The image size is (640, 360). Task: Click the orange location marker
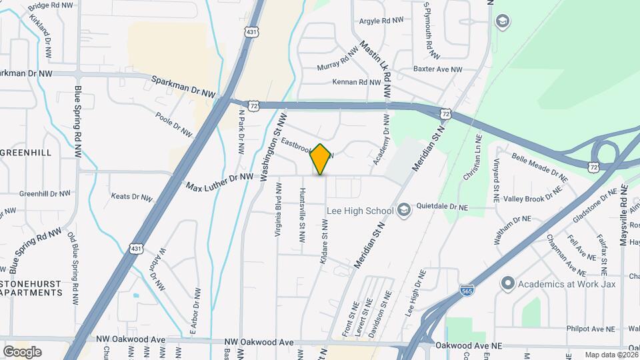[321, 159]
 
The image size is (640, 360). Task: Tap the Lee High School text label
[360, 211]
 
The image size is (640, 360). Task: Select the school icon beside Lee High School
[403, 211]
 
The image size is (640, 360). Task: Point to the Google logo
[22, 351]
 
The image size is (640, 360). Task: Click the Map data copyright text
[611, 355]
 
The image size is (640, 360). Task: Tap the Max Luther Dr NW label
[220, 181]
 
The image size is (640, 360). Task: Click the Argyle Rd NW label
[381, 21]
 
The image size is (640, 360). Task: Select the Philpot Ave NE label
[590, 329]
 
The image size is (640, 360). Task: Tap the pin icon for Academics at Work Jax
[507, 283]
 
